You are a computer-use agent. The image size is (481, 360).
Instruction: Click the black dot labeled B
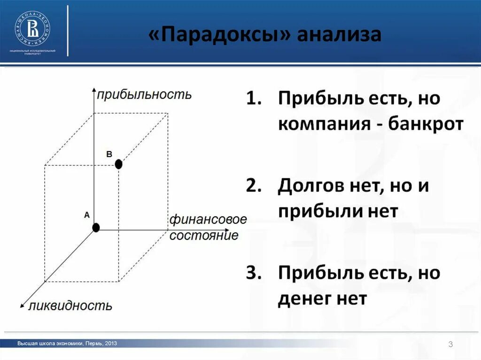point(118,164)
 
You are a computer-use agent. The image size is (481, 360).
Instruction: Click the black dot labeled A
point(96,228)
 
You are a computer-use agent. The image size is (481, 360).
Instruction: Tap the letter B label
point(109,154)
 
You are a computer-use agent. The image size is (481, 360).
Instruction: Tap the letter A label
point(86,215)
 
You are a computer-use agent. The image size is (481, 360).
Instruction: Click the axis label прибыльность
point(144,95)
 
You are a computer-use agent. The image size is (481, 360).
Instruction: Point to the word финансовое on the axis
point(208,220)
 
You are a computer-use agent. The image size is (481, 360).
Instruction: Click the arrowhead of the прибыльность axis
point(94,89)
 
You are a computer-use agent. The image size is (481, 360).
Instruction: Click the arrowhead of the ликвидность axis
point(22,306)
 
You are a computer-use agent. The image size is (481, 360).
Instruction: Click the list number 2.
point(253,186)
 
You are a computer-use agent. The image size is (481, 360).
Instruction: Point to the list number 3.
point(253,273)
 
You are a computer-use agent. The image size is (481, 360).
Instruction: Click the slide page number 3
point(450,345)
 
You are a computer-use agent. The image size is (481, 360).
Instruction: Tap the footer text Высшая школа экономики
point(50,344)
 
